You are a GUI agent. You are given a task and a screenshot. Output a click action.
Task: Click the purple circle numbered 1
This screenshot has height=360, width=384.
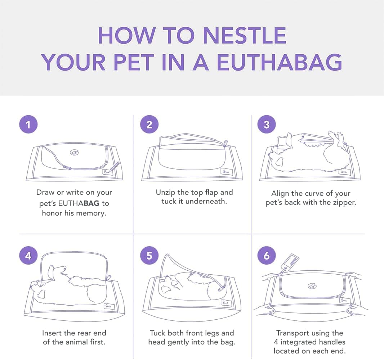(x=28, y=124)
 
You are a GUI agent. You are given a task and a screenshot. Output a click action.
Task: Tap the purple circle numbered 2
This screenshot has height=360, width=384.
(x=149, y=124)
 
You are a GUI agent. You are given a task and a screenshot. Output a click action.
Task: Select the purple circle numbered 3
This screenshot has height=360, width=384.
(x=267, y=124)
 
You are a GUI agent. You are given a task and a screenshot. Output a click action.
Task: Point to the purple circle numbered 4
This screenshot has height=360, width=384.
(x=28, y=256)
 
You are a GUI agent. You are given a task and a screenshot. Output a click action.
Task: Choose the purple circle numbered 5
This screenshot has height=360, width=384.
(x=149, y=256)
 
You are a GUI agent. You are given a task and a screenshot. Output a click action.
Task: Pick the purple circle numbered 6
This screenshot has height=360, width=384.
(x=267, y=256)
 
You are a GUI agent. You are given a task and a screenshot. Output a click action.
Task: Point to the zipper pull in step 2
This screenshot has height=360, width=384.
(x=225, y=143)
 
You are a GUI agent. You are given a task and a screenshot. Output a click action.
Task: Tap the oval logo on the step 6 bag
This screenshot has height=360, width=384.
(x=312, y=286)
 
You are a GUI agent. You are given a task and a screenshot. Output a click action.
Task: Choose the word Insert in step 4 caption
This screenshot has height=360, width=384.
(x=51, y=333)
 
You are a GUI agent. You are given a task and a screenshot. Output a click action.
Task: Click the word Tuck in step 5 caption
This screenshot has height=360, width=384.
(x=158, y=333)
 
